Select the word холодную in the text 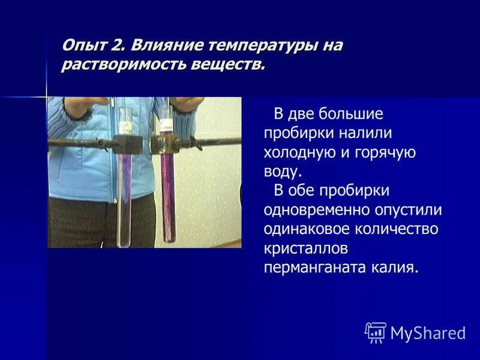[x=299, y=152]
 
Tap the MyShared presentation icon [x=376, y=332]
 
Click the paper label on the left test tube [x=125, y=126]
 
